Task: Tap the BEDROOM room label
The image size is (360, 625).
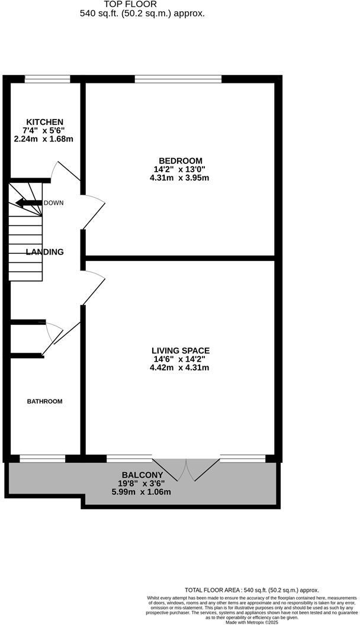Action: [180, 160]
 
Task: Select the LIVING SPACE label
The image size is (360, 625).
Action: [180, 350]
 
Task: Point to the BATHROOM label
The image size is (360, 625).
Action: [44, 401]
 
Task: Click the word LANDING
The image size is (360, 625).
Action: [44, 252]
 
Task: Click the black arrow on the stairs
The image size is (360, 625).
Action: [28, 204]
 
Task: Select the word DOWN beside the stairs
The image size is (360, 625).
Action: [53, 203]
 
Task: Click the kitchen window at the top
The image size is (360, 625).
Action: [47, 78]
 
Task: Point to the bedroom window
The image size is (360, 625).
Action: [178, 78]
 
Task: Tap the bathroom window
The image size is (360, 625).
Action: [42, 458]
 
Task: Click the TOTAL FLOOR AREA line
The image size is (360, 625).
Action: [252, 590]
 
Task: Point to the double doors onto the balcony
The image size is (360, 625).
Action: [186, 468]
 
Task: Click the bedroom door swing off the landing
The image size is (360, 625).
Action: [94, 210]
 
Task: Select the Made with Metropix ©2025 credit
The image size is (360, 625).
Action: [251, 621]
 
